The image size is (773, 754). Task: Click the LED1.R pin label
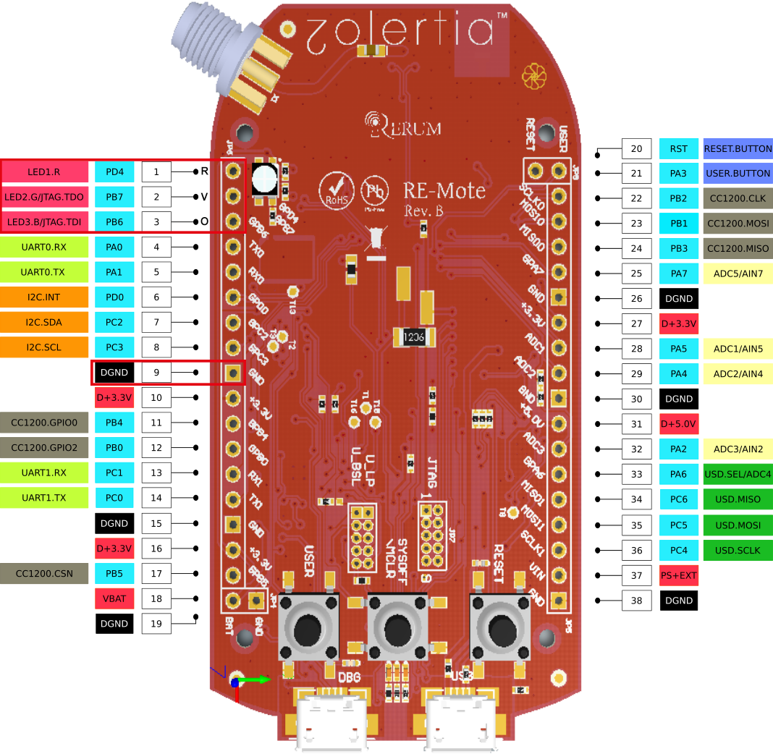(45, 172)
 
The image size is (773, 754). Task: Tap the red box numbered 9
(156, 373)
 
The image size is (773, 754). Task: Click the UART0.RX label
(44, 247)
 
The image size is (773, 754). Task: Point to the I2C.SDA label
(44, 322)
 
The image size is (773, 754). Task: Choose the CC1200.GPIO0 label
(44, 423)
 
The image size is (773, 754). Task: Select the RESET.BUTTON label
(738, 149)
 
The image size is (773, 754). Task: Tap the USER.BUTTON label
(738, 174)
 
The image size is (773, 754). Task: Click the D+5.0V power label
(679, 423)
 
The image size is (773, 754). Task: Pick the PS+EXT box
(679, 575)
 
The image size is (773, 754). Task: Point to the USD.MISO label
(738, 499)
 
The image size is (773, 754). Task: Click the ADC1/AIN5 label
(738, 349)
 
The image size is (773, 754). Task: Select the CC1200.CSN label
(44, 574)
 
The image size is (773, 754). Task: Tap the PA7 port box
(679, 274)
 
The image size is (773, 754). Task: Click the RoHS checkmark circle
(337, 190)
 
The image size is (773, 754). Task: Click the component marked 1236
(414, 336)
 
